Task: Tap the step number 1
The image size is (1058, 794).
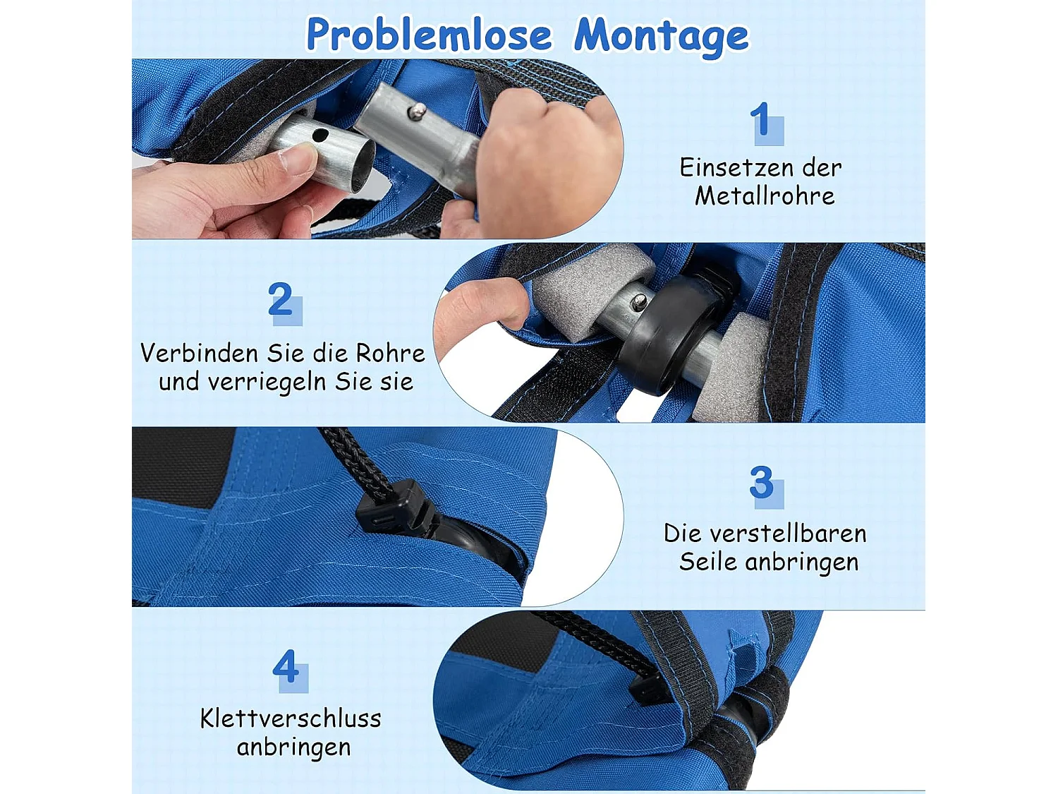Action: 760,120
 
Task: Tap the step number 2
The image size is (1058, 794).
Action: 281,300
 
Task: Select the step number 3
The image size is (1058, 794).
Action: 762,483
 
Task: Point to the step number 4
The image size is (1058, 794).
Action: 286,666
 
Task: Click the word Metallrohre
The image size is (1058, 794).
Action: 765,196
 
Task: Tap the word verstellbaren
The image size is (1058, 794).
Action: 788,534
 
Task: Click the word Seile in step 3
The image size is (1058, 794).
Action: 707,562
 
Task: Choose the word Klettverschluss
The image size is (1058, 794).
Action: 291,718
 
